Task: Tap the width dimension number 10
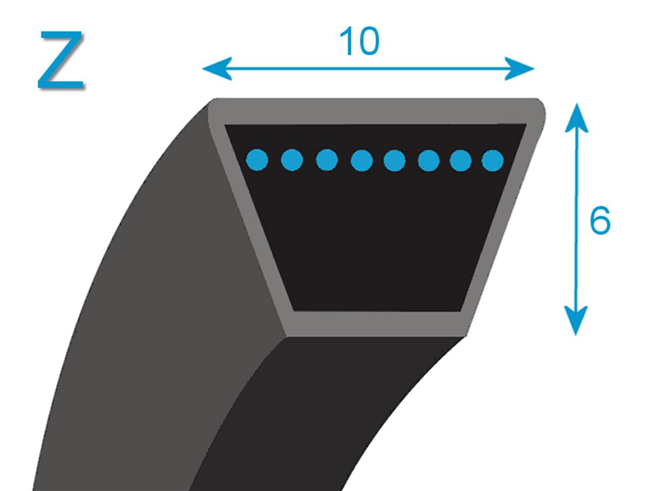click(x=359, y=41)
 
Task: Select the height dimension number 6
click(x=600, y=220)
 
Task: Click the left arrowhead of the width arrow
click(x=217, y=68)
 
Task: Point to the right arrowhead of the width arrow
click(x=519, y=68)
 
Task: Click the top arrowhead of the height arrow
click(x=576, y=118)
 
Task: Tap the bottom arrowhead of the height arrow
click(x=576, y=320)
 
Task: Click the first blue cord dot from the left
click(x=257, y=160)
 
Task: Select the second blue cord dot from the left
click(x=292, y=160)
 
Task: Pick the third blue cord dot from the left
click(x=326, y=160)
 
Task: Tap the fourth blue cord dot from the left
click(x=361, y=160)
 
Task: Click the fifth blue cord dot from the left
click(x=394, y=160)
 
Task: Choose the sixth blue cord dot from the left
click(x=429, y=160)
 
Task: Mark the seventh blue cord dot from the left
click(x=461, y=160)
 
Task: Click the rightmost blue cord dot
click(x=493, y=160)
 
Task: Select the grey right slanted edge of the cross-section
click(x=501, y=221)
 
